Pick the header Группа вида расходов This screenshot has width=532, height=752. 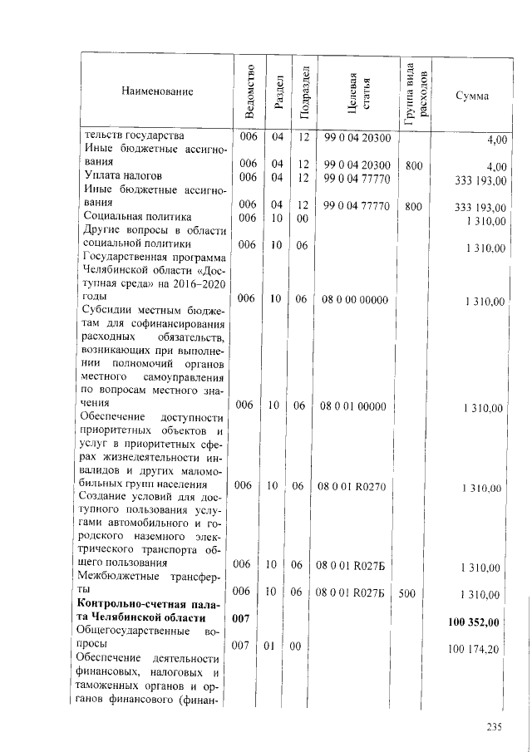[x=416, y=91]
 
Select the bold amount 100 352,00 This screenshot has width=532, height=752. [x=474, y=622]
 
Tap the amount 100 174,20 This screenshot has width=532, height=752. [x=475, y=648]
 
